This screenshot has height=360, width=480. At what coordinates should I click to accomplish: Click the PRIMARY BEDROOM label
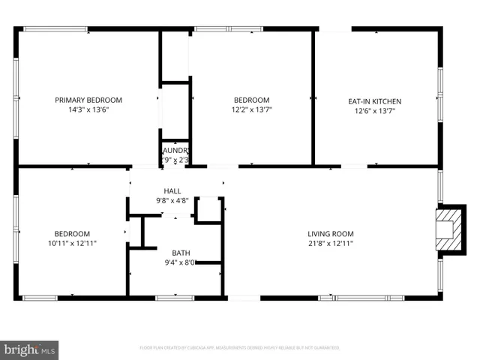pos(88,100)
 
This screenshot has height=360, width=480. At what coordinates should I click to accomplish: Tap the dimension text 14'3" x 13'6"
pos(88,110)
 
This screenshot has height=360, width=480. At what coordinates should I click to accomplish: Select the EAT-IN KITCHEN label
pos(375,100)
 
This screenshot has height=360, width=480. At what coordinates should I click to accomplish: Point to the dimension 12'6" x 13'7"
pos(375,111)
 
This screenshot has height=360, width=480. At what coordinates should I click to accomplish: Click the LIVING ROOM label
pos(330,233)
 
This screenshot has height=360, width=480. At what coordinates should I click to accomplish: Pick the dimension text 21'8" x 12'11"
pos(330,244)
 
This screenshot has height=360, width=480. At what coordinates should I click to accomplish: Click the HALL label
pos(172,191)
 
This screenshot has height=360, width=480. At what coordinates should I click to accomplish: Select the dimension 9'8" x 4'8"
pos(172,201)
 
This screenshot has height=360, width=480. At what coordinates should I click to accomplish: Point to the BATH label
pos(181,253)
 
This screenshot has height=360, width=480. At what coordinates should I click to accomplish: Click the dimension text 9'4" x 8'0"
pos(181,262)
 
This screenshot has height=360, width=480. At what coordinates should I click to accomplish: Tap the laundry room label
pos(175,150)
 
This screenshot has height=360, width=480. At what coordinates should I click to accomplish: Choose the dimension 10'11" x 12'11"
pos(72,243)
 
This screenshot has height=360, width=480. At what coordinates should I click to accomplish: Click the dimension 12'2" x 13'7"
pos(251,111)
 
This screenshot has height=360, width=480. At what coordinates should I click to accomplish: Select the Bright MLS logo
pos(30,349)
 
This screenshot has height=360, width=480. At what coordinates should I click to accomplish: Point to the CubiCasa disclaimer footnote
pos(240,348)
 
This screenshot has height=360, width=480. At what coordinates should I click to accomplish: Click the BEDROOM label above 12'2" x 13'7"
pos(251,100)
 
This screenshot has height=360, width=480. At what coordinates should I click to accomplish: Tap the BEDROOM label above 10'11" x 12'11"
pos(72,233)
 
